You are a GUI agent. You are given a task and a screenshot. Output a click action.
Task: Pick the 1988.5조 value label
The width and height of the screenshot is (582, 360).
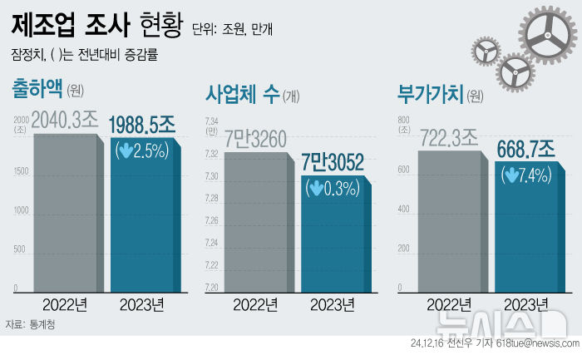pos(142,126)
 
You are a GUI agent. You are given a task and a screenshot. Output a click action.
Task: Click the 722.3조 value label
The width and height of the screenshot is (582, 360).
pos(448,137)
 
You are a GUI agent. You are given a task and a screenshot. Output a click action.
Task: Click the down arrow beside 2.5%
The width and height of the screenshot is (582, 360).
pos(124,151)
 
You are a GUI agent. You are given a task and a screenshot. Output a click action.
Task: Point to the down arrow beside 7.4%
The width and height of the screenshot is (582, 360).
pos(510,175)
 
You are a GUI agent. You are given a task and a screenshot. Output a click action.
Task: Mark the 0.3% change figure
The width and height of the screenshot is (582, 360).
pos(340,189)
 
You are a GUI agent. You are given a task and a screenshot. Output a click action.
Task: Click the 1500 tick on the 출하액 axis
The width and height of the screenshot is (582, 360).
pos(21,171)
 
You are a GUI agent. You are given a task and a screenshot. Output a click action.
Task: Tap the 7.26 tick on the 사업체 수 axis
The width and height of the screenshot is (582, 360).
pos(211,220)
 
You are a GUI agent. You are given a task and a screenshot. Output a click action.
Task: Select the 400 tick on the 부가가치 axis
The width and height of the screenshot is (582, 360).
pos(403,211)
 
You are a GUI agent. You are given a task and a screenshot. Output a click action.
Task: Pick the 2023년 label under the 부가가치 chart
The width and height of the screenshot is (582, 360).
pos(526,304)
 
